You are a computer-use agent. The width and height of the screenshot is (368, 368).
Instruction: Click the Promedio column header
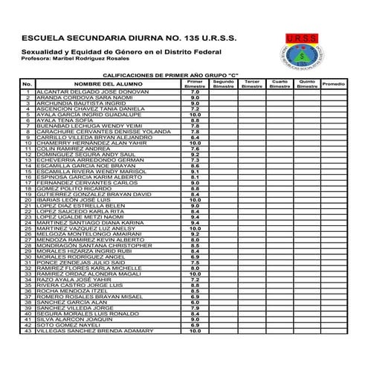coord(334,84)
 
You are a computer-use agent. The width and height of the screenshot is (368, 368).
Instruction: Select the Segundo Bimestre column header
coord(223,84)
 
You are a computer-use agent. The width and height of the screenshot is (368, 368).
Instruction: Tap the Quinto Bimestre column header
coord(306,84)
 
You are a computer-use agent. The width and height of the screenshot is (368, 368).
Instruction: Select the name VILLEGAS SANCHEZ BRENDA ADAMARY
coord(90,331)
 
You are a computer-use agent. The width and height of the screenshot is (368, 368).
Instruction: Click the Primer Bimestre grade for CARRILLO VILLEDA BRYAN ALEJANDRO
coord(195,137)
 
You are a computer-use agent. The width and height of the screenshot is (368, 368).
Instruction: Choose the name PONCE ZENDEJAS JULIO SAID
coord(80,262)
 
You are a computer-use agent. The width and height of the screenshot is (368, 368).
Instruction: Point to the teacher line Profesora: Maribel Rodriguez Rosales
coord(80,57)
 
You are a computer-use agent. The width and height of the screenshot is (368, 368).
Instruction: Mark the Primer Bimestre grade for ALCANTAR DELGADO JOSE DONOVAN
coord(195,91)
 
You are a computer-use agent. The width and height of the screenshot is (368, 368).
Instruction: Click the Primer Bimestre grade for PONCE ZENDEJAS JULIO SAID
coord(195,262)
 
